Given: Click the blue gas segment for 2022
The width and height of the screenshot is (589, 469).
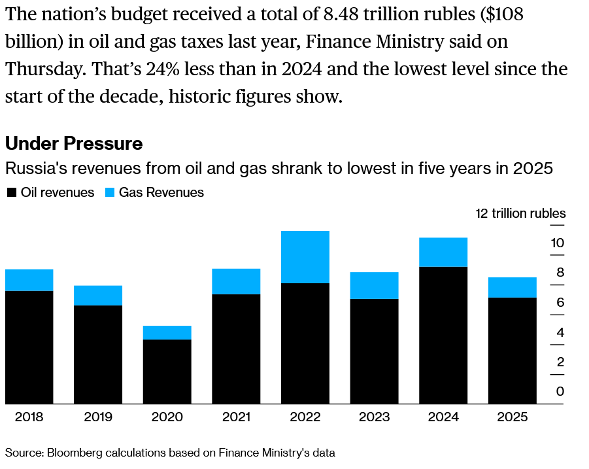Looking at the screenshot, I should (305, 257).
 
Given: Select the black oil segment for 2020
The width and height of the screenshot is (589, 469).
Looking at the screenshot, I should (167, 371).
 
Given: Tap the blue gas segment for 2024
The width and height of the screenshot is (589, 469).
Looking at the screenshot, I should (443, 252).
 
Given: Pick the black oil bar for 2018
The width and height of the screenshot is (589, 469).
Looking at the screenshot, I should (29, 347).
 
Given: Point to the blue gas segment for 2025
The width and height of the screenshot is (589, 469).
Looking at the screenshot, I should (513, 287).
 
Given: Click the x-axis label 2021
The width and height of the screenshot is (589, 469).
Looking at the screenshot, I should (236, 417).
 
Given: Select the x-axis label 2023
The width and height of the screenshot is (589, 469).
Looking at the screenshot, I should (374, 417).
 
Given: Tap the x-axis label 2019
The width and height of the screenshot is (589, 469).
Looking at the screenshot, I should (98, 417).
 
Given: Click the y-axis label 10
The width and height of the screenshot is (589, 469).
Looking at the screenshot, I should (557, 243).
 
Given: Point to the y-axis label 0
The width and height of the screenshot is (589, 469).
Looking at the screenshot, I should (560, 391).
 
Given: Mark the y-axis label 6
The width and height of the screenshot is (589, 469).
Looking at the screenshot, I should (560, 302).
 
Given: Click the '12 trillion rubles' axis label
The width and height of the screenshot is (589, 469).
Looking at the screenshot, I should (520, 213).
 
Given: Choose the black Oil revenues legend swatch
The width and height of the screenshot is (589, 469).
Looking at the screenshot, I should (11, 193).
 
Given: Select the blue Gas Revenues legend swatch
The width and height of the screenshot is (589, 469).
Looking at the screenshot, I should (109, 193).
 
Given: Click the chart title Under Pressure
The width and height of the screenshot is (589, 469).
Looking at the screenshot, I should (74, 143).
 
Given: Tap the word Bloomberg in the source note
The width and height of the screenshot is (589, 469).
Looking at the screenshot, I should (71, 452).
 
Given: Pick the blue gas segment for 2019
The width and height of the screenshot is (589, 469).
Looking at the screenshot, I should (98, 295).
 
